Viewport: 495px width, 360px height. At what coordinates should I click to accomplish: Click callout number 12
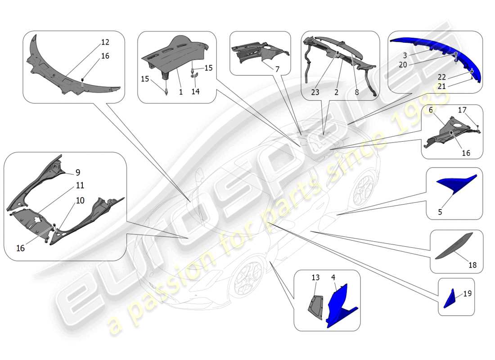pyautogui.click(x=105, y=42)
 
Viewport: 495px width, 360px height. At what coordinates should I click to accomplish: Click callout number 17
pyautogui.click(x=462, y=109)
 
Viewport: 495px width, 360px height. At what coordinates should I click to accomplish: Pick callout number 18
pyautogui.click(x=472, y=265)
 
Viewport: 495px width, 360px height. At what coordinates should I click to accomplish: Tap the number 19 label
pyautogui.click(x=468, y=293)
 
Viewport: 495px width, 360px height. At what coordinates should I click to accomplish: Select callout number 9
pyautogui.click(x=78, y=172)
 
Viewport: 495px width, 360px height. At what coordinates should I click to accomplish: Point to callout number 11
pyautogui.click(x=80, y=185)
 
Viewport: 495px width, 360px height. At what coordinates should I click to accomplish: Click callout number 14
pyautogui.click(x=195, y=91)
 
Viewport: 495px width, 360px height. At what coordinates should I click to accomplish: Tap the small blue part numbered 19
pyautogui.click(x=450, y=300)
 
